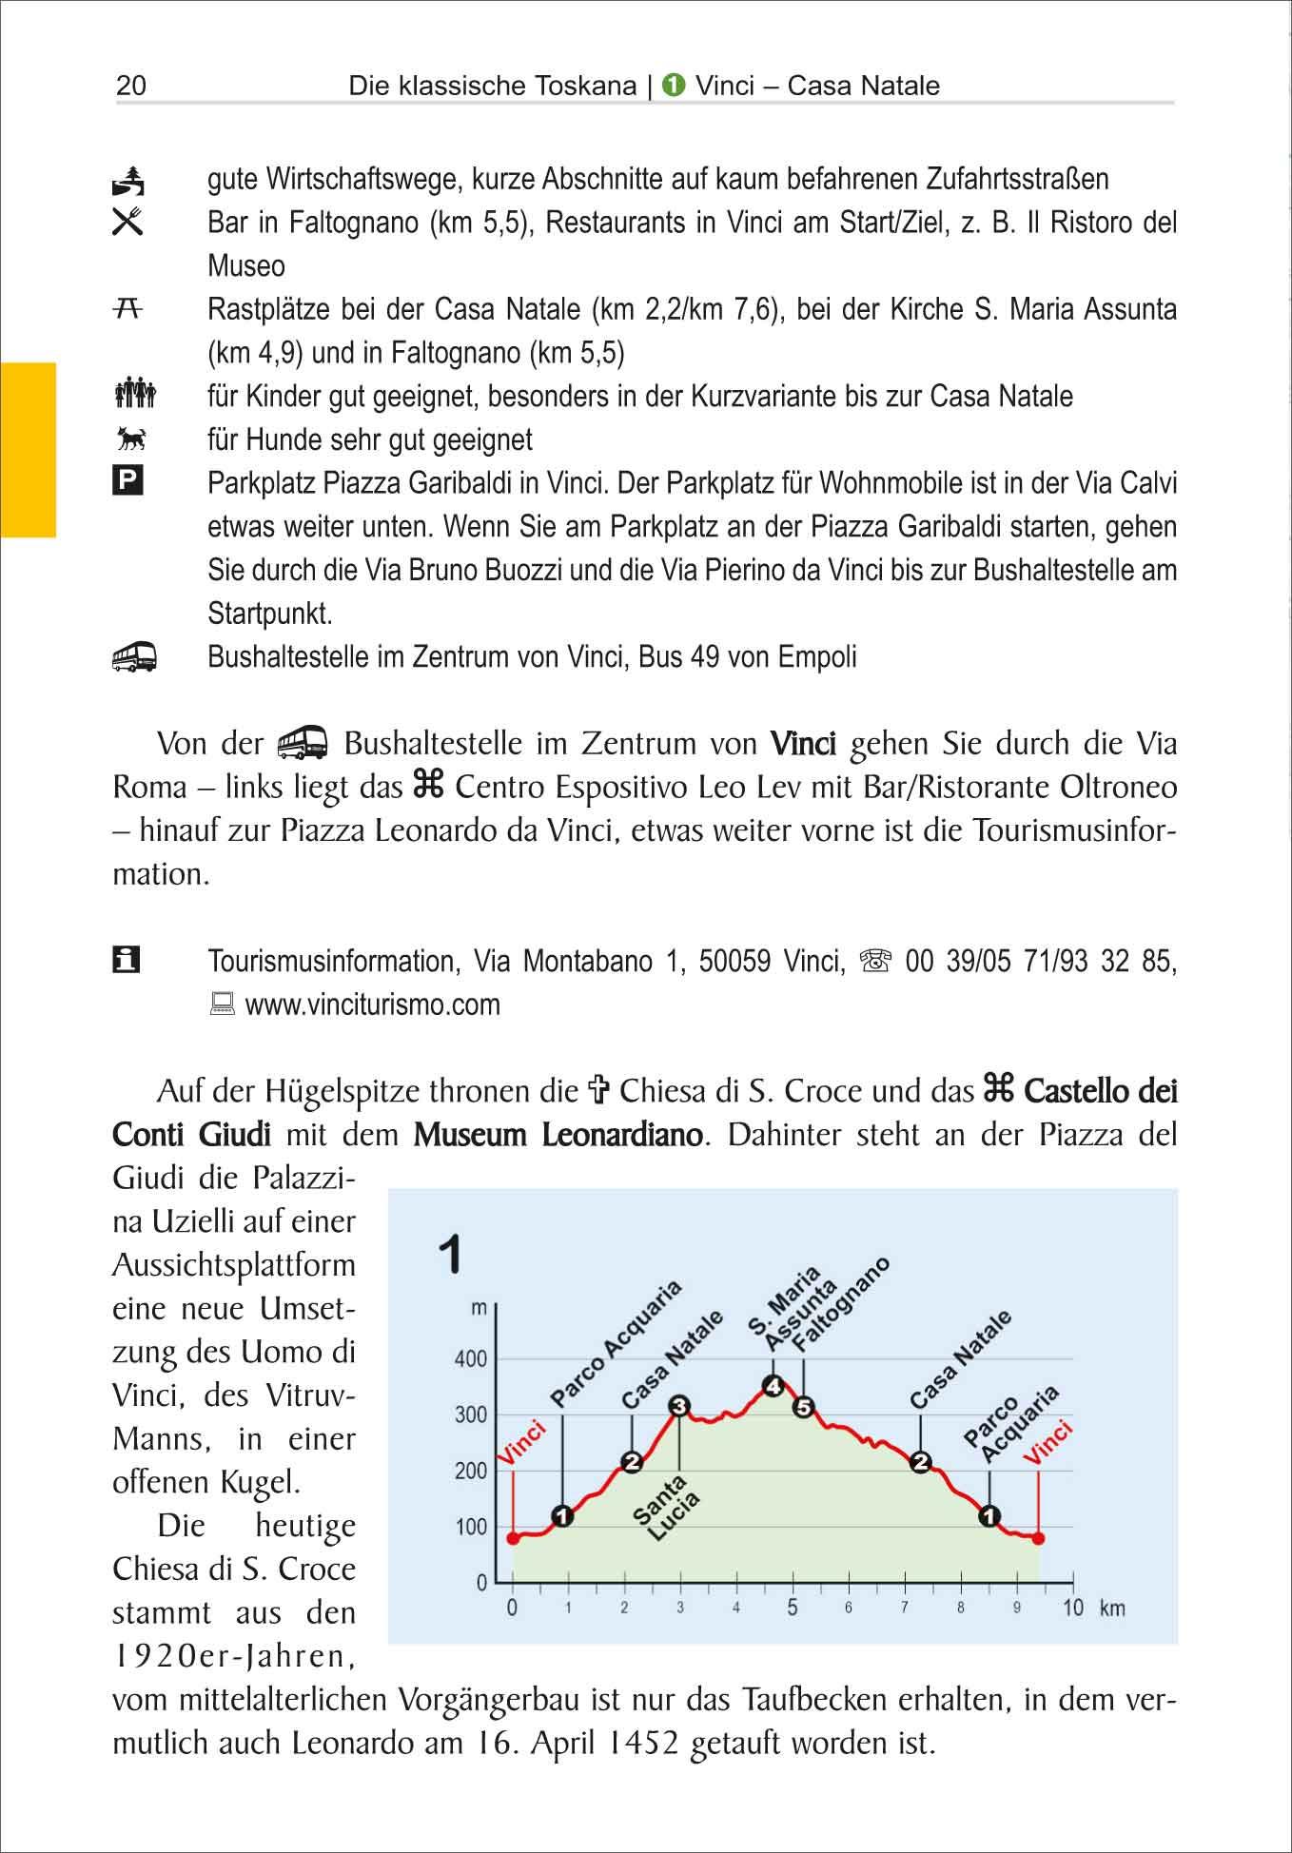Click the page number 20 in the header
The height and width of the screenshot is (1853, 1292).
tap(131, 87)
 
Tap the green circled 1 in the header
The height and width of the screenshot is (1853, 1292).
tap(674, 87)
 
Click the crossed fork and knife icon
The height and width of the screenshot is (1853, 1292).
tap(127, 222)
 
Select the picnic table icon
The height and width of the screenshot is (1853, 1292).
tap(127, 307)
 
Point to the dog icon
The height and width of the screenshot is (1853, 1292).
tap(129, 439)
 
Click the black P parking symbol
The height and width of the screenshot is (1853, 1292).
tap(127, 481)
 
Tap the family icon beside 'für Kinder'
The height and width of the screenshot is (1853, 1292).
tap(133, 394)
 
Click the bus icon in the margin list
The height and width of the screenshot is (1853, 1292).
tap(133, 656)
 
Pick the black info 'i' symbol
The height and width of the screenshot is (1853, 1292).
tap(127, 960)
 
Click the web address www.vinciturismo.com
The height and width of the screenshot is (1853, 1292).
tap(372, 1005)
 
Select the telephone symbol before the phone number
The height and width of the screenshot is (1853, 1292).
tap(873, 962)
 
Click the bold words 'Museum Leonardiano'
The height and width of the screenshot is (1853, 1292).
tap(558, 1135)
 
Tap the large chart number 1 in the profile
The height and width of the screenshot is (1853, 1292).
tap(451, 1255)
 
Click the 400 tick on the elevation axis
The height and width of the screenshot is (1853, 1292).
tap(471, 1359)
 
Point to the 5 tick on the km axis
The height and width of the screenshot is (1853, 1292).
tap(793, 1609)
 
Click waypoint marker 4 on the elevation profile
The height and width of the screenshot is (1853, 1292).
tap(774, 1386)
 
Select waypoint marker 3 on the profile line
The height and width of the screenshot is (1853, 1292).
tap(678, 1406)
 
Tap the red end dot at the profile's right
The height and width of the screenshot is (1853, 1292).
tap(1038, 1538)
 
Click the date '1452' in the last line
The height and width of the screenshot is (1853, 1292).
tap(643, 1744)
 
